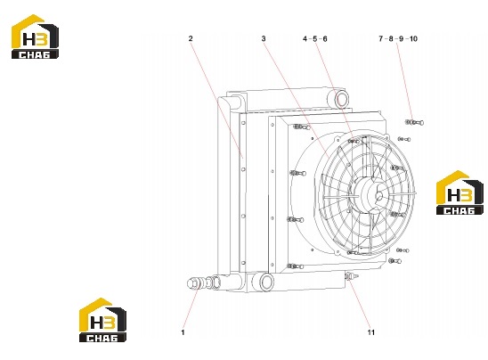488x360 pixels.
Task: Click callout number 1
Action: (183, 332)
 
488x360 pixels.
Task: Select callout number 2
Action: (191, 38)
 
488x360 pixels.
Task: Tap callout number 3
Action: (264, 38)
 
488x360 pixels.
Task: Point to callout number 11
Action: (371, 332)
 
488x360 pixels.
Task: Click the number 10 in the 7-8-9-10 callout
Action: (413, 38)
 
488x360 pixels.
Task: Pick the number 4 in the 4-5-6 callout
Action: (305, 38)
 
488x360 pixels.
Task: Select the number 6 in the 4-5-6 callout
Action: (325, 38)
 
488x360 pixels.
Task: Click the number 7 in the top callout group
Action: (381, 38)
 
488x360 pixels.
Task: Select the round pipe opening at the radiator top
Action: (341, 99)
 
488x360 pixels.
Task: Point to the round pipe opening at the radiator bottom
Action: (266, 282)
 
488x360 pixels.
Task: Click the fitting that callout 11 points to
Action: (352, 276)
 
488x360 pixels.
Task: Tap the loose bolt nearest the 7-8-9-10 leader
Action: (414, 122)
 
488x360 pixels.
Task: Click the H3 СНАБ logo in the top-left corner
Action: (35, 37)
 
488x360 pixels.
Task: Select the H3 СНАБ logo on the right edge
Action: (460, 192)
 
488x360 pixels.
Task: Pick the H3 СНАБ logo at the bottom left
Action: (102, 320)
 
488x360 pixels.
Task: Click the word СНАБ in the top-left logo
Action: (35, 55)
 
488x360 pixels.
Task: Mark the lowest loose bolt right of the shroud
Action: (394, 261)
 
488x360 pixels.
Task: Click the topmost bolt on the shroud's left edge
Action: (301, 127)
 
